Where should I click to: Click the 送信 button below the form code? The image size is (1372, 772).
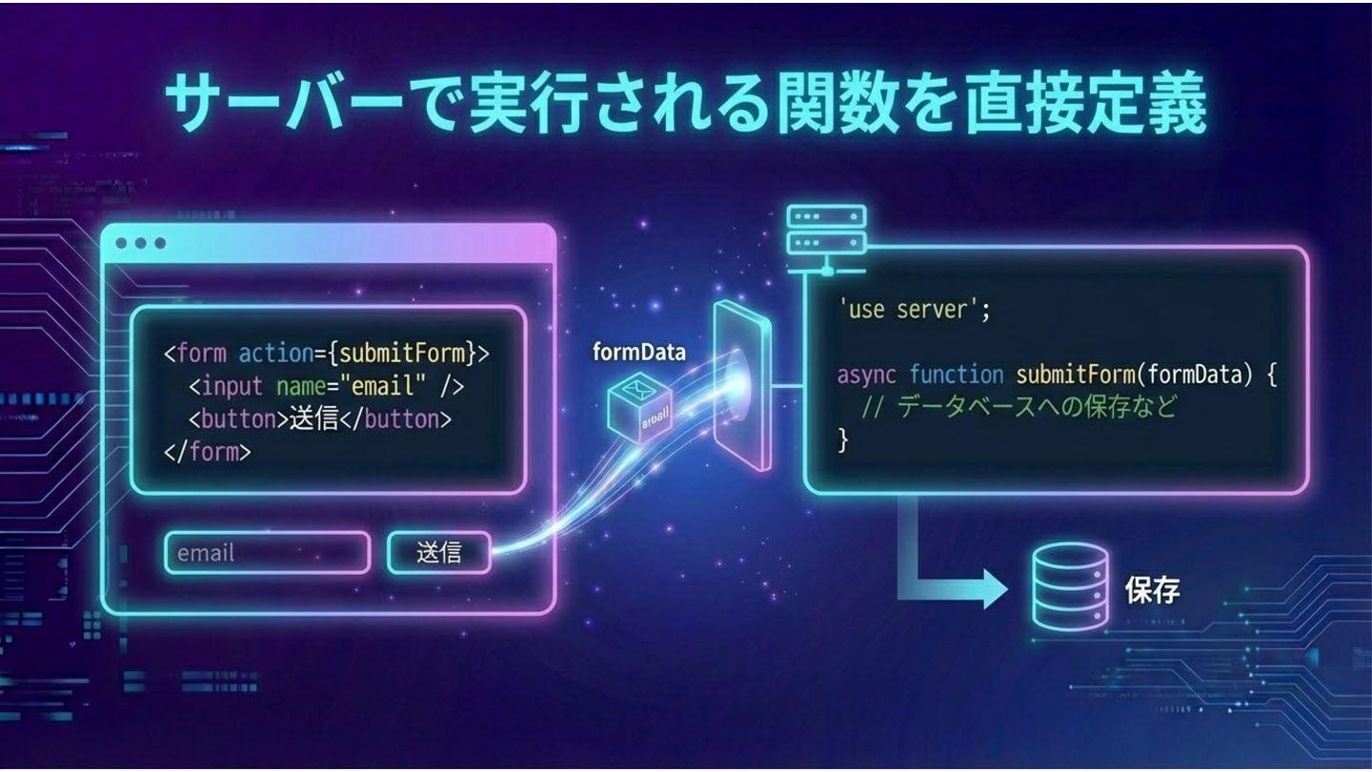coord(439,553)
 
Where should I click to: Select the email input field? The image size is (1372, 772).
coord(267,553)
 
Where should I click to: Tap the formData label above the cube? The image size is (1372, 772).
coord(638,352)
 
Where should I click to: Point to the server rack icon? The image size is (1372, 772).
coord(813,232)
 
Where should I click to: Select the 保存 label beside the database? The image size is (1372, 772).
coord(1153,591)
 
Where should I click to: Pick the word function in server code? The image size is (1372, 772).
coord(956,375)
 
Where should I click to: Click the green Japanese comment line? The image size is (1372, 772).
coord(1019,407)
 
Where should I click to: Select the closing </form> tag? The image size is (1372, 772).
coord(208,451)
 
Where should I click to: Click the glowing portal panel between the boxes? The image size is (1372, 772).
coord(741,386)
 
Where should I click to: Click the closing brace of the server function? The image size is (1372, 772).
coord(842,439)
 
